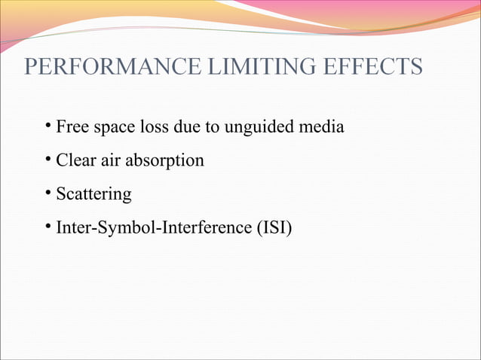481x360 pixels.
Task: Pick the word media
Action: click(x=323, y=127)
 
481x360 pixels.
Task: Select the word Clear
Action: click(x=76, y=160)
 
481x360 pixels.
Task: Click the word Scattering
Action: click(x=93, y=194)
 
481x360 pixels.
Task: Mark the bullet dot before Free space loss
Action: click(x=47, y=125)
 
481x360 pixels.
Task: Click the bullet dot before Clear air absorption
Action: click(x=47, y=158)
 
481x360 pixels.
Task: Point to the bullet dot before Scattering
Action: click(x=47, y=191)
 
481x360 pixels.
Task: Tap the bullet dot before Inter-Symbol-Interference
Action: click(x=47, y=224)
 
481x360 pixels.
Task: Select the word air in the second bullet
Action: click(x=112, y=160)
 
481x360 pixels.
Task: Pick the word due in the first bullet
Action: click(x=185, y=127)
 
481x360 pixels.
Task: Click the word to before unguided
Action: click(x=210, y=127)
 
